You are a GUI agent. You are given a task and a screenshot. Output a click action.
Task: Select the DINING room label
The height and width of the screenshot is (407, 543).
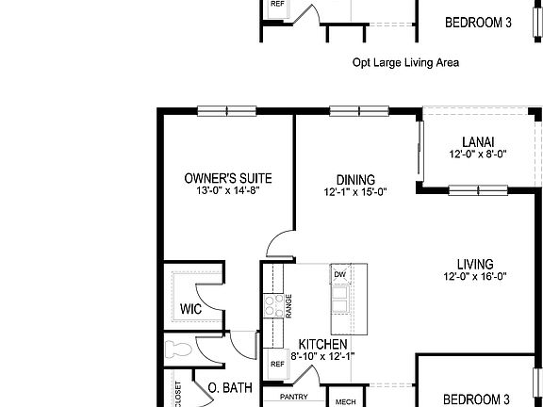click(330, 180)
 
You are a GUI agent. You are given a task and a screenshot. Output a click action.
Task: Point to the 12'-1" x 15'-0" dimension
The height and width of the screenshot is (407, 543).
click(330, 192)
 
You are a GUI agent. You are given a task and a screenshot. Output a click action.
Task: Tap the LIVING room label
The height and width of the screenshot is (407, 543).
click(476, 265)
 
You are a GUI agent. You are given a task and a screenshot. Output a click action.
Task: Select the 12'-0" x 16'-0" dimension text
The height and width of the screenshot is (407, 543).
click(476, 277)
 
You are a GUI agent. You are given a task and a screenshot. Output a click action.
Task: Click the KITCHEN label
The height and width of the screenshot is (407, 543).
click(323, 344)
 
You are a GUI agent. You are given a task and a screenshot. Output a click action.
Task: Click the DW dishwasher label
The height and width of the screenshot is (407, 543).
click(338, 274)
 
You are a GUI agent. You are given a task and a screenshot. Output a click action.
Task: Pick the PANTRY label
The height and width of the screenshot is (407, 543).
click(294, 397)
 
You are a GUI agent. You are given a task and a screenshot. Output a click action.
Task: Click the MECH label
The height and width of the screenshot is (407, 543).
click(346, 401)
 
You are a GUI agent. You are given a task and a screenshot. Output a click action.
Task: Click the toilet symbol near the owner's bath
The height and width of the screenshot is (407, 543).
click(178, 350)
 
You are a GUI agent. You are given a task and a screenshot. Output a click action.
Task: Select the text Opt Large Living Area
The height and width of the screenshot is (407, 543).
click(405, 63)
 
